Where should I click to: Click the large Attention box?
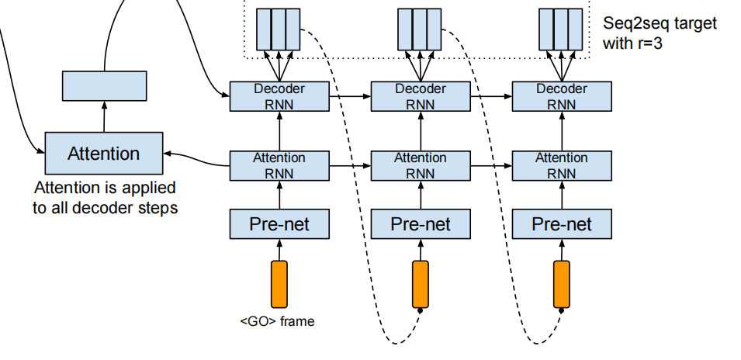pos(104,153)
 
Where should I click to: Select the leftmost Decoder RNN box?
pos(279,97)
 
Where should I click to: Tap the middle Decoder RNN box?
pos(420,97)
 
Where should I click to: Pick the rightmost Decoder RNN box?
pos(561,97)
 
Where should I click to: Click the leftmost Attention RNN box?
pos(279,165)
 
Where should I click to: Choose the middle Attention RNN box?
pos(420,165)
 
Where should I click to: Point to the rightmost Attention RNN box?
pos(561,165)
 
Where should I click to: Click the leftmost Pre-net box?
pos(279,224)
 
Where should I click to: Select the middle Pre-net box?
pos(420,224)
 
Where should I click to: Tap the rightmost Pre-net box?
pos(561,224)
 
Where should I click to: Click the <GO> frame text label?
pos(277,320)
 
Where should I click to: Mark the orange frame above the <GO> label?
pos(279,284)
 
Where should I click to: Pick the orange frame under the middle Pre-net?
pos(420,284)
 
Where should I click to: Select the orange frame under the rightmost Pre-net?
pos(561,284)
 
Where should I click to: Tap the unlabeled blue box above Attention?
pos(104,85)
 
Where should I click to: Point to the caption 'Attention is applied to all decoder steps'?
pos(105,198)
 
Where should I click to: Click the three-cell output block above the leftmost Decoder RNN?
pos(278,29)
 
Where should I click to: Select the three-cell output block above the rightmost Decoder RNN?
pos(560,29)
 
